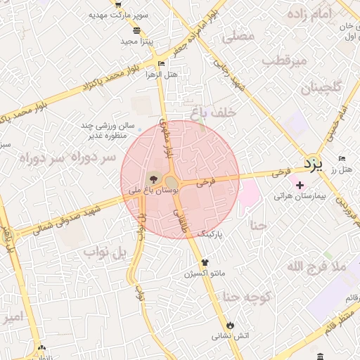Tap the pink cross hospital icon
pos(300,185)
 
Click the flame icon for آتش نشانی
pos(229,324)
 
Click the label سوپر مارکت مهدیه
pos(120,15)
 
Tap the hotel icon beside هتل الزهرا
pos(162,64)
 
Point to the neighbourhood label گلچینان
pos(321,88)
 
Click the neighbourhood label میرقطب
pos(285,61)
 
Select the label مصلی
pos(238,37)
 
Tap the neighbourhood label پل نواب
pos(105,251)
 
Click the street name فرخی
pos(205,181)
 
